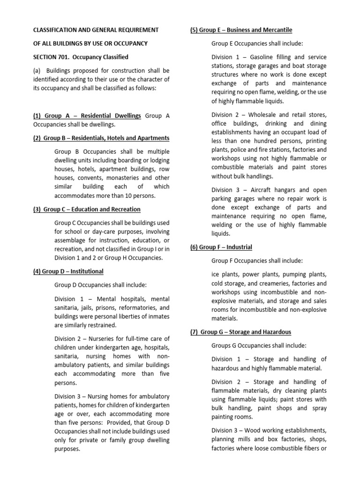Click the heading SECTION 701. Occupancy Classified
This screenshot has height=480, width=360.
(80, 57)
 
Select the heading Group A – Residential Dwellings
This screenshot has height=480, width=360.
(87, 116)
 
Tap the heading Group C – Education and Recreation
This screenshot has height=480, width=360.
(87, 209)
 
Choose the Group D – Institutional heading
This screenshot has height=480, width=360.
(68, 271)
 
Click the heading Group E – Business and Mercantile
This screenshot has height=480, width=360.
(241, 30)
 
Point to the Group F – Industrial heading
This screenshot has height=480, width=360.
(221, 247)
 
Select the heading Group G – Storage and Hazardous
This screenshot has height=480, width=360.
(240, 332)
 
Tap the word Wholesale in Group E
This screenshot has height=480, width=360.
(271, 115)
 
